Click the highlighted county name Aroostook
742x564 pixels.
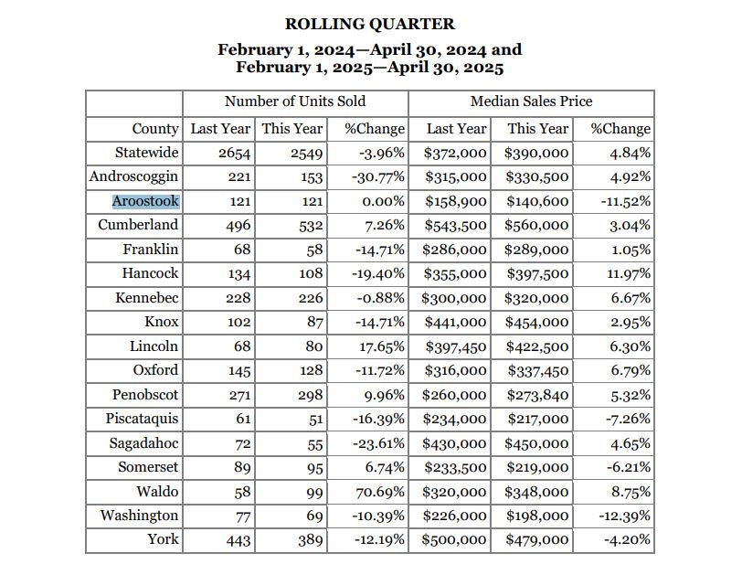[146, 201]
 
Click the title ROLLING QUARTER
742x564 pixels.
[369, 24]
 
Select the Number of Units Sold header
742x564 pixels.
[295, 101]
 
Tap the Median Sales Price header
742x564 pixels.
[531, 101]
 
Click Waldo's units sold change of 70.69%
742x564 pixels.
[380, 492]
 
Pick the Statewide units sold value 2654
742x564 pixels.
[234, 154]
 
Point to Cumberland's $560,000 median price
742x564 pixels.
[536, 226]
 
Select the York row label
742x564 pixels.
[163, 539]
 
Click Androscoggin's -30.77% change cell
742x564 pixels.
[378, 177]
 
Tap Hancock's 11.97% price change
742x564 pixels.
[629, 273]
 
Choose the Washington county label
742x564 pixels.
[139, 516]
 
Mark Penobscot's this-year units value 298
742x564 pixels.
[311, 395]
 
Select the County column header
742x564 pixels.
[155, 129]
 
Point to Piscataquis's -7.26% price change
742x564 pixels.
[628, 419]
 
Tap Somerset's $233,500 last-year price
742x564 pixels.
[455, 467]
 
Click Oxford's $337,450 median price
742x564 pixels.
[538, 370]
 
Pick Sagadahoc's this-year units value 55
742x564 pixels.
[314, 443]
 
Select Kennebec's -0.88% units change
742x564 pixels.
[380, 298]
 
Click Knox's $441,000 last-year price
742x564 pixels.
[455, 323]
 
